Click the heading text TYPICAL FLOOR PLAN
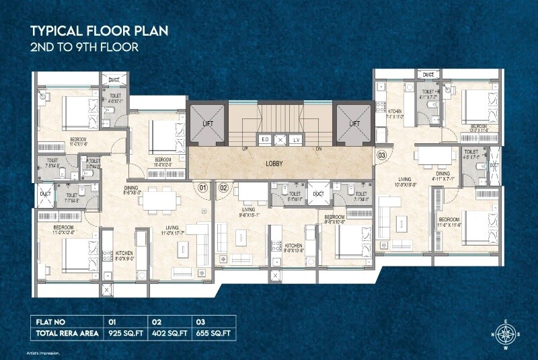99,32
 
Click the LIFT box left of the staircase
208,123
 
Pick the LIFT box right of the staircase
354,123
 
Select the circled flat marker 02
224,188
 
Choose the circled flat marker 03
382,155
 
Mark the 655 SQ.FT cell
214,333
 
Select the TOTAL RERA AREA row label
66,333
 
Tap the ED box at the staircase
265,139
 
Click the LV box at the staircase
296,139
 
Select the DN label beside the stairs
319,148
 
